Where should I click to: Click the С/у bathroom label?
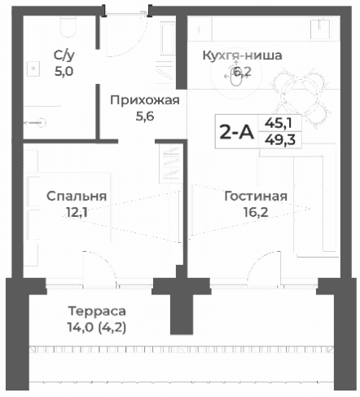click(64, 55)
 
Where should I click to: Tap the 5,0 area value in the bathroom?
click(64, 71)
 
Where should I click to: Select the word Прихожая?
click(144, 100)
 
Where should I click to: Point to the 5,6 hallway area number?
click(144, 116)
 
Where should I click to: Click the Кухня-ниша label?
click(242, 56)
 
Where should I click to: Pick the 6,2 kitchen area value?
click(242, 72)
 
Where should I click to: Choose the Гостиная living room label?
click(256, 196)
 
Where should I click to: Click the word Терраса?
click(97, 311)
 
